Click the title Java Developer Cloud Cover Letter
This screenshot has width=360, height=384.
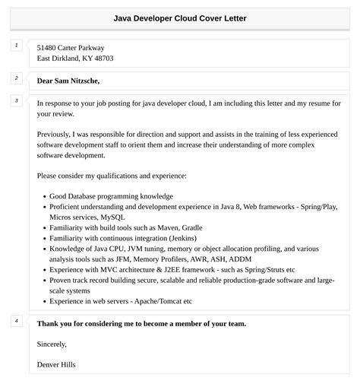[180, 17]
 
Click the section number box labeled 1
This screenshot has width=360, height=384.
[16, 46]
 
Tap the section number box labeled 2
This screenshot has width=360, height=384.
[16, 78]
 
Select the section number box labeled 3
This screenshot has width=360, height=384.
[16, 100]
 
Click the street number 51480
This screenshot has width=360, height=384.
[49, 47]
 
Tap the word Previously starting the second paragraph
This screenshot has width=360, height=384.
[57, 133]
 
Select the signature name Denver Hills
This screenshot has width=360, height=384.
[56, 364]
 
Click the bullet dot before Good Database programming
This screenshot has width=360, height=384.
[43, 196]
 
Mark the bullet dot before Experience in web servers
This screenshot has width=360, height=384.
[43, 301]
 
